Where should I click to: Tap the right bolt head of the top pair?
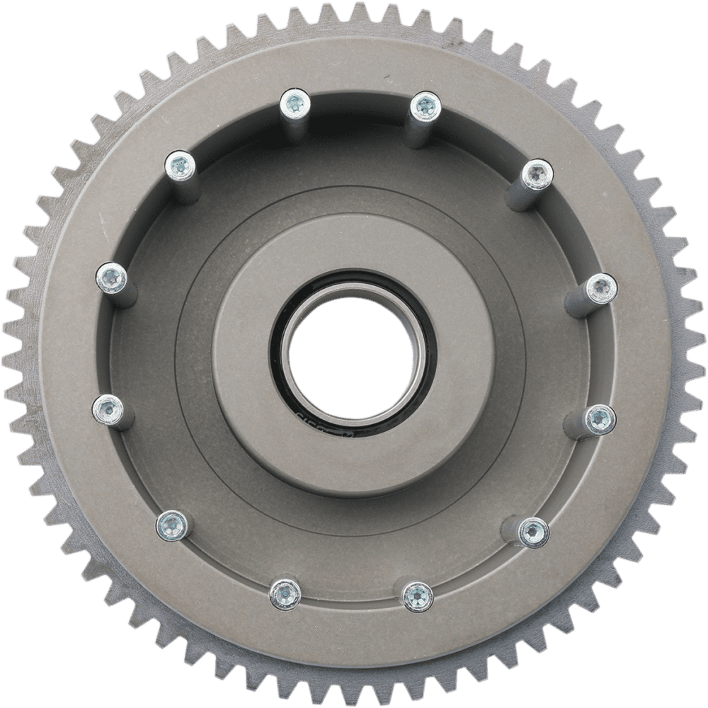[x=424, y=106]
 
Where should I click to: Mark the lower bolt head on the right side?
[x=599, y=418]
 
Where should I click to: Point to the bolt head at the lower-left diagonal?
[x=171, y=523]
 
